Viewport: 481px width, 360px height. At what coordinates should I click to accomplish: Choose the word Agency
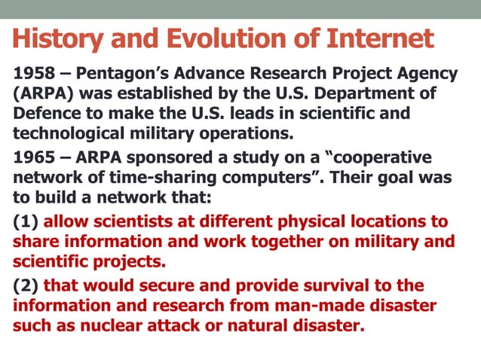point(429,75)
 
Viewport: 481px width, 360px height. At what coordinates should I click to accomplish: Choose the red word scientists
point(133,221)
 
